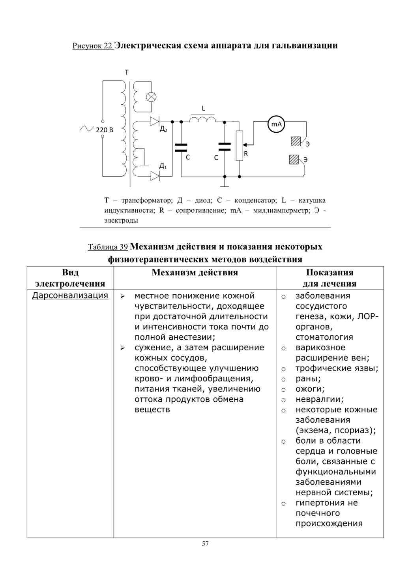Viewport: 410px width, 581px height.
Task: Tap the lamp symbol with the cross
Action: (x=151, y=97)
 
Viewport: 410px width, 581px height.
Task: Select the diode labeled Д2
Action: (x=155, y=121)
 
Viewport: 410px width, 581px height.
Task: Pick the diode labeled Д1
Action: (x=155, y=177)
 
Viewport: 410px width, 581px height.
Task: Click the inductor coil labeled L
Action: (x=202, y=119)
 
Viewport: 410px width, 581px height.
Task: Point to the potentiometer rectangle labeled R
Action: (x=239, y=145)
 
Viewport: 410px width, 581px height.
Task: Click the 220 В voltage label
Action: (x=105, y=130)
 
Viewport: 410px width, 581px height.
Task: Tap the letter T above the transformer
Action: (x=127, y=72)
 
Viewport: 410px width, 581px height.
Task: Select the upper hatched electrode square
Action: (x=296, y=141)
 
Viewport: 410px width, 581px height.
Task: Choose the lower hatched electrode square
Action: (x=294, y=159)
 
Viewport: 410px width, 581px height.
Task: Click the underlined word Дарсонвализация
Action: (x=70, y=295)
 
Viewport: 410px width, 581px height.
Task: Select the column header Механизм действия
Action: (x=195, y=273)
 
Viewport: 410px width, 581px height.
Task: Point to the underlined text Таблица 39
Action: (x=108, y=247)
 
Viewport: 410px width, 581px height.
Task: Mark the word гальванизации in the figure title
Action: (x=305, y=46)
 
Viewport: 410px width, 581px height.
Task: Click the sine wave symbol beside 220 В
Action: (x=87, y=128)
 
